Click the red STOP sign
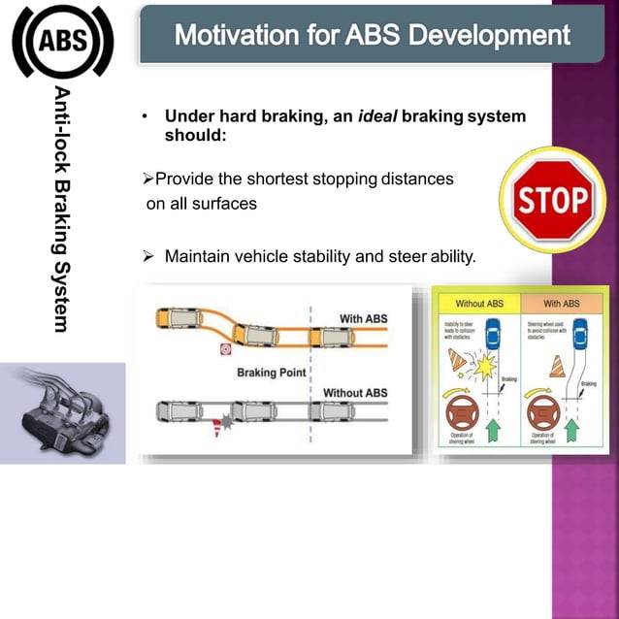pyautogui.click(x=552, y=200)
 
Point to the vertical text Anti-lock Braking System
pyautogui.click(x=63, y=208)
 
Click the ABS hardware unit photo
pyautogui.click(x=62, y=411)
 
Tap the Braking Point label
pyautogui.click(x=272, y=373)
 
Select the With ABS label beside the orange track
pyautogui.click(x=363, y=318)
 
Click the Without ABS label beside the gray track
pyautogui.click(x=355, y=393)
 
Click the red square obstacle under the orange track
pyautogui.click(x=225, y=348)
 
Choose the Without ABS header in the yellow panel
pyautogui.click(x=475, y=303)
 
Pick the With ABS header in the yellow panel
pyautogui.click(x=561, y=303)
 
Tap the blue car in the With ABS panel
pyautogui.click(x=580, y=336)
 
